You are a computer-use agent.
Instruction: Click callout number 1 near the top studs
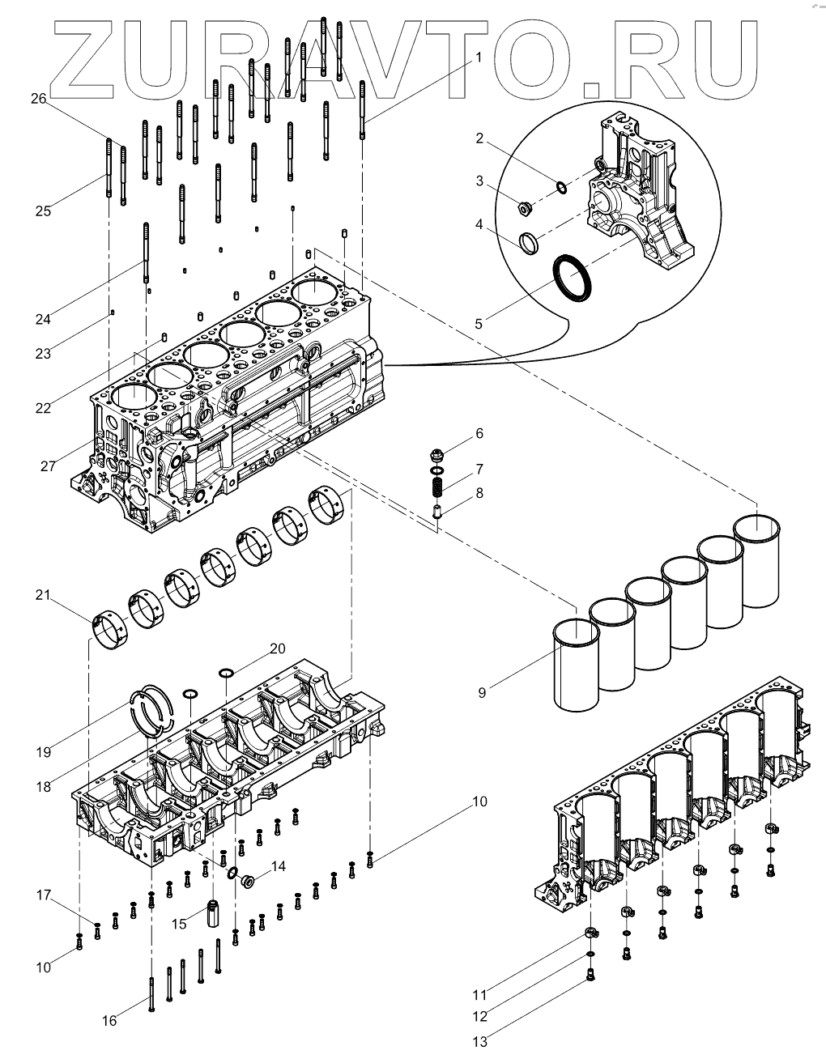[x=479, y=58]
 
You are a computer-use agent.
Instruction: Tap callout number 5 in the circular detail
[x=479, y=324]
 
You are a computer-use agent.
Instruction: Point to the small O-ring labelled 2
[x=560, y=189]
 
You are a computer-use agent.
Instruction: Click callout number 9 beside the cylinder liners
[x=482, y=692]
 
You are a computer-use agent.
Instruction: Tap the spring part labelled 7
[x=436, y=489]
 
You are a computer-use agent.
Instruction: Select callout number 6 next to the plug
[x=479, y=434]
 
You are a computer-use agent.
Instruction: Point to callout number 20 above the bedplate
[x=278, y=648]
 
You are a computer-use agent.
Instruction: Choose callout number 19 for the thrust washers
[x=43, y=752]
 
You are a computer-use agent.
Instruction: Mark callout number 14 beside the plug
[x=279, y=866]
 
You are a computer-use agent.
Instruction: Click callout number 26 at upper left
[x=38, y=99]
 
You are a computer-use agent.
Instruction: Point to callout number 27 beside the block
[x=47, y=466]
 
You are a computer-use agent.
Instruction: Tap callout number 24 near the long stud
[x=42, y=320]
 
